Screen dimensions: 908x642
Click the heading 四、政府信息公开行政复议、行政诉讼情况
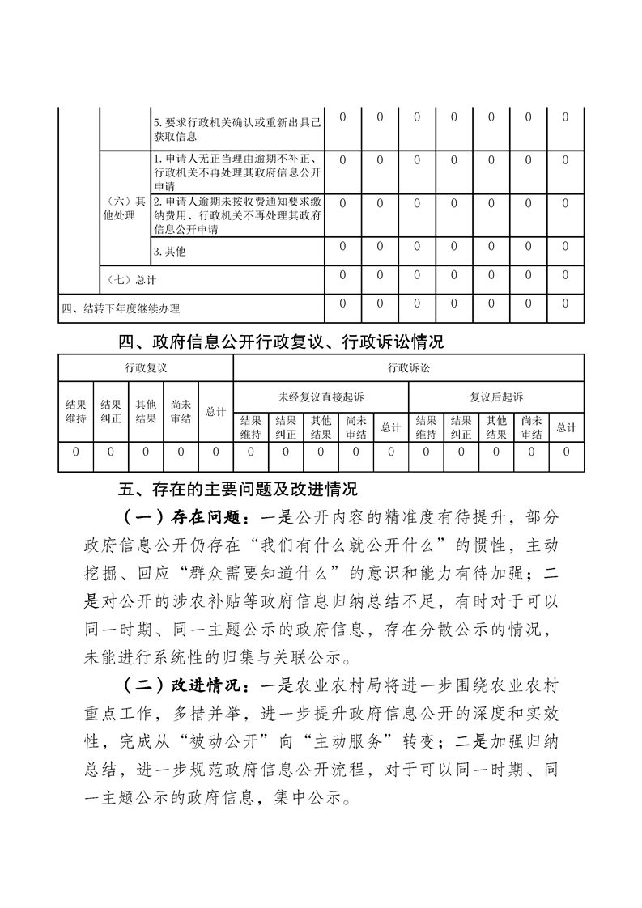point(281,342)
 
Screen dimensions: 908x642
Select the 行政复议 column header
point(146,367)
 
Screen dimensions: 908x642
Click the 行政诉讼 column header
point(408,367)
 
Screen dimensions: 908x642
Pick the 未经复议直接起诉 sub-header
point(321,397)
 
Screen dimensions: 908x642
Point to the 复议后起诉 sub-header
point(496,397)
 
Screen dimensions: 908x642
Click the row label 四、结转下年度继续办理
point(121,308)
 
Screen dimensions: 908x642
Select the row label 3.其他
point(169,252)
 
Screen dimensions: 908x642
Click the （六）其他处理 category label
point(125,209)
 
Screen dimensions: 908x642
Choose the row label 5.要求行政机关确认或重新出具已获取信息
point(236,129)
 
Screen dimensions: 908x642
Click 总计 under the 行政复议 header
point(215,412)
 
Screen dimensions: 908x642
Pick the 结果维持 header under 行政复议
point(75,412)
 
